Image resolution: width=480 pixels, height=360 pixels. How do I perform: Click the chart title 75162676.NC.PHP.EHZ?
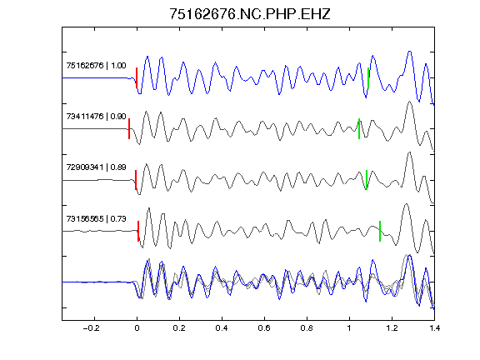(x=250, y=14)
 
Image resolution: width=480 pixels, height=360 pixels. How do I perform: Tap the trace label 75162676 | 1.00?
(x=96, y=66)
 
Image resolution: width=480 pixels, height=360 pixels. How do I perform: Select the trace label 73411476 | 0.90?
(x=96, y=117)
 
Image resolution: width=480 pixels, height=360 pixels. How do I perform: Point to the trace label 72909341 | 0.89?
(x=96, y=167)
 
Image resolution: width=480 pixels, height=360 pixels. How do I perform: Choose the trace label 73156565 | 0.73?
(x=96, y=218)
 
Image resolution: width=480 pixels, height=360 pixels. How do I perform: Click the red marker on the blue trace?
(x=137, y=78)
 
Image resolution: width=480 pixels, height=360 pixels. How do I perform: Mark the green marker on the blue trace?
(x=368, y=78)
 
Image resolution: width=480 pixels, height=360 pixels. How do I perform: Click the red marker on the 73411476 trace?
(x=129, y=129)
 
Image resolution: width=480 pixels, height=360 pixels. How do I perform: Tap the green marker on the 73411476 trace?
(x=359, y=129)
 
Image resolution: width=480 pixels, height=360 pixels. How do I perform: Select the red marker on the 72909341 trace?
(x=136, y=180)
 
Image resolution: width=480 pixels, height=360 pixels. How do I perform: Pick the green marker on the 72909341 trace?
(x=367, y=180)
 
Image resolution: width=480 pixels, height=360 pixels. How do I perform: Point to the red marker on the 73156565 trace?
(x=138, y=231)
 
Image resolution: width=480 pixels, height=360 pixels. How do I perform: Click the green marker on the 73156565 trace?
(x=380, y=231)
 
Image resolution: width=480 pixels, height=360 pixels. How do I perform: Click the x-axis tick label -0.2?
(x=92, y=328)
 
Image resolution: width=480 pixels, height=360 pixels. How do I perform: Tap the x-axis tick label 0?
(x=137, y=328)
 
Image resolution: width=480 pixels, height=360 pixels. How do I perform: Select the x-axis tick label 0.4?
(x=222, y=328)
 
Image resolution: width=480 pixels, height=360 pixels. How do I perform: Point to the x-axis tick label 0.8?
(x=307, y=328)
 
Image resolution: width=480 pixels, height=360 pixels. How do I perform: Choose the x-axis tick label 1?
(x=349, y=328)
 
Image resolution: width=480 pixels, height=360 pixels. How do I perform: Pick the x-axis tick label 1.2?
(x=392, y=328)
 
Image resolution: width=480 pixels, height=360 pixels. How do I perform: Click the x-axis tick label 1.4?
(x=434, y=328)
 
